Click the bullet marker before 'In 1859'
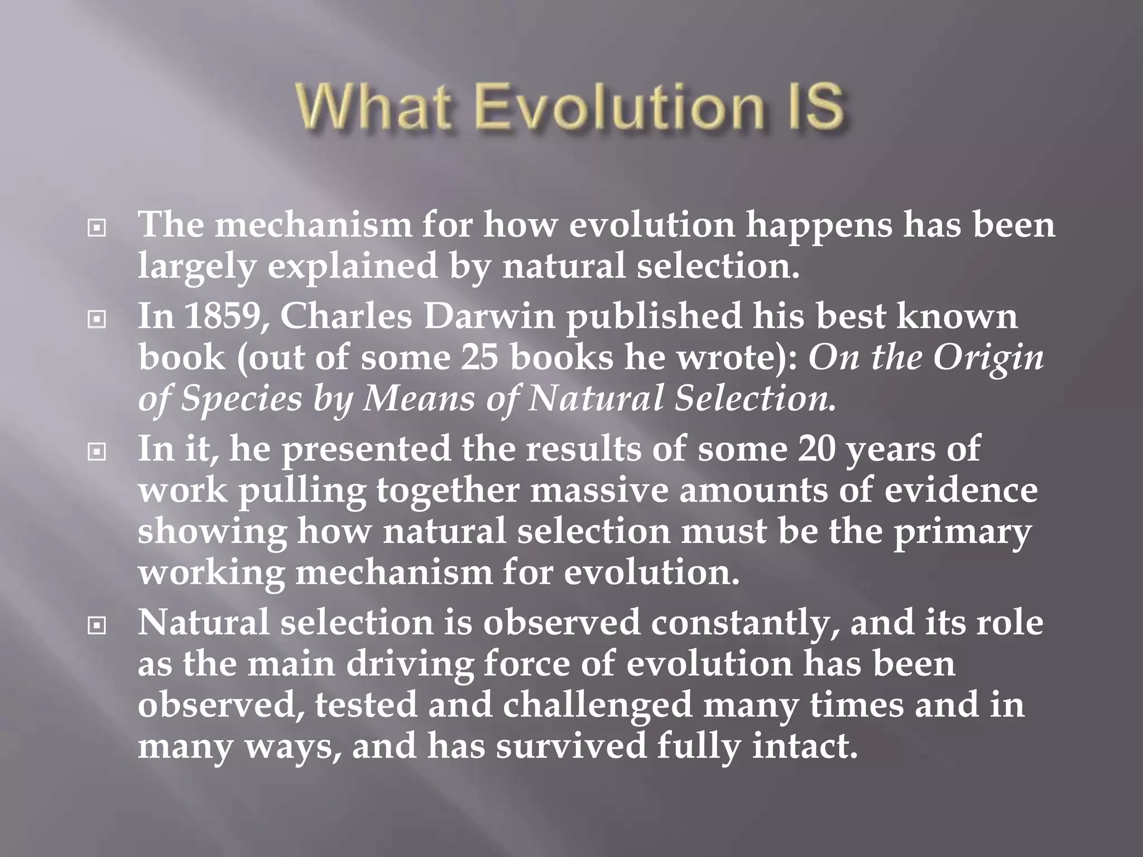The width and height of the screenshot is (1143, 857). [x=97, y=319]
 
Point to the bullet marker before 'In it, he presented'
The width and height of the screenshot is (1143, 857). [x=97, y=451]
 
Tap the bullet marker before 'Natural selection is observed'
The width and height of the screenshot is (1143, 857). [x=97, y=625]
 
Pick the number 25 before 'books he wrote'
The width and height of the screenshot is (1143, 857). [x=479, y=357]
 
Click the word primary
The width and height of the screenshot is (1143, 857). [x=962, y=532]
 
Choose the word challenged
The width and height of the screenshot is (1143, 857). [x=597, y=705]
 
